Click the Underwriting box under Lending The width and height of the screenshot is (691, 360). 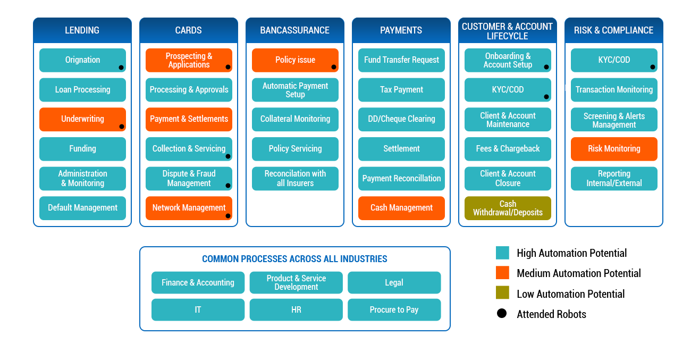(82, 119)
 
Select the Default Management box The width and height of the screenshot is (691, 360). (82, 208)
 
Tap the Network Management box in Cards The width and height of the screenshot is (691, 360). (189, 208)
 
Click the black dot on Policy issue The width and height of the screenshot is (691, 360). (334, 67)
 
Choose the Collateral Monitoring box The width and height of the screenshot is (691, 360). (295, 119)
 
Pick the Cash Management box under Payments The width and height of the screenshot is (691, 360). (401, 208)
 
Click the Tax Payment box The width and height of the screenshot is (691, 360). (401, 90)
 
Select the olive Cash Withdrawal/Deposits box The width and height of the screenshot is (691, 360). (508, 208)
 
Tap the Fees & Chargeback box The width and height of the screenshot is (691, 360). (508, 149)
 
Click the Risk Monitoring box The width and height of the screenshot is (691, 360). (614, 149)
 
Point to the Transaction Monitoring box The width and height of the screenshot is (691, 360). (614, 90)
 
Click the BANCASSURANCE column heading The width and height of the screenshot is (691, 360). (294, 30)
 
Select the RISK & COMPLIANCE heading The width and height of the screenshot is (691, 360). (613, 30)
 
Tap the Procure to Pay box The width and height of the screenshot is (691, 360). (394, 309)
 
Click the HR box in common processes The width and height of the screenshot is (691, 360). (296, 309)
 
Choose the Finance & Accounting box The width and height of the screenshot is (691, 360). (198, 282)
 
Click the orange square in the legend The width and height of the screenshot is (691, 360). (502, 273)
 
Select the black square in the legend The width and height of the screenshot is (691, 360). (501, 313)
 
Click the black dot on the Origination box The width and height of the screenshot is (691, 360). (121, 68)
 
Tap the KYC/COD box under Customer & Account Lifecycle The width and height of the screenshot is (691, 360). (508, 90)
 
